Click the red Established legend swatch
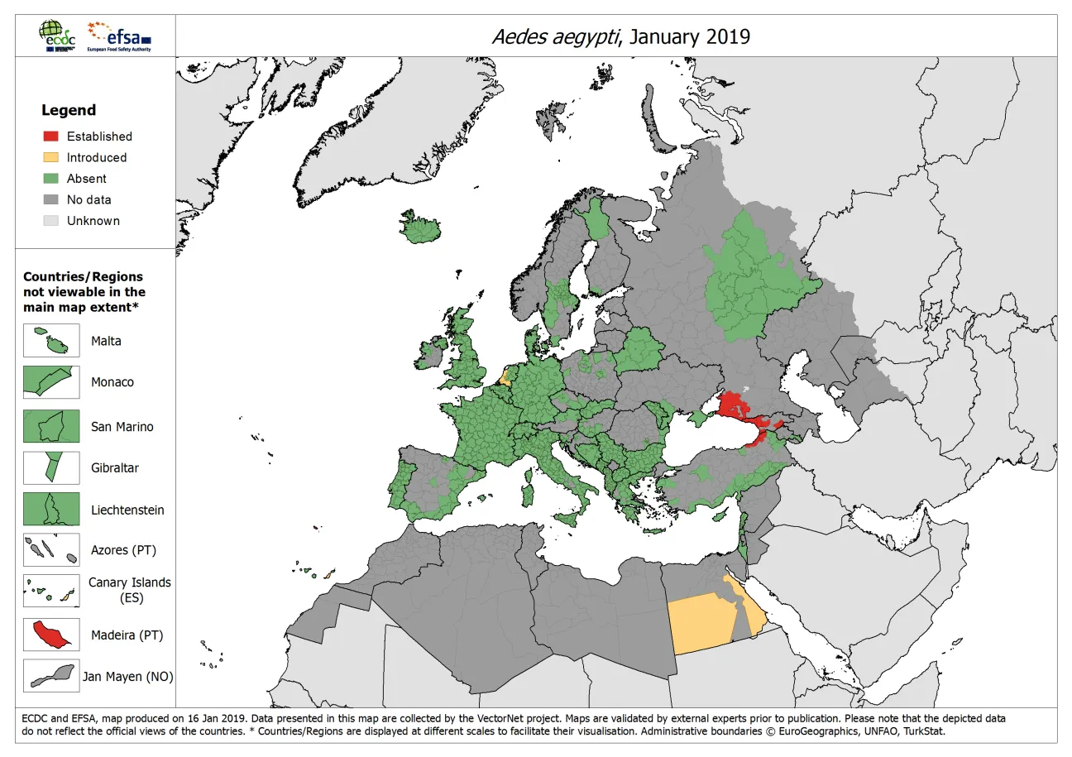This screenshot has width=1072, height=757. coord(51,137)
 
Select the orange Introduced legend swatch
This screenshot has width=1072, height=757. coord(51,157)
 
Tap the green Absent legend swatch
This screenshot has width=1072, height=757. coord(51,179)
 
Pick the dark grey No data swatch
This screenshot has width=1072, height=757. coord(51,199)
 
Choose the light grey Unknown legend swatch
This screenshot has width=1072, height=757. coord(51,221)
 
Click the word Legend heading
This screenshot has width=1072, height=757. coord(69,110)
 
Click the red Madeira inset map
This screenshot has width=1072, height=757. coord(51,635)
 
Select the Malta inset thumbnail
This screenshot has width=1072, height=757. coord(51,341)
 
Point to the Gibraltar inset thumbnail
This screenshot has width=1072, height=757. coord(51,467)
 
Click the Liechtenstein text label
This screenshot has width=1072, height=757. coord(127,510)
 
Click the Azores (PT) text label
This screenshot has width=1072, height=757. coord(123,550)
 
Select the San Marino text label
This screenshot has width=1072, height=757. coord(122,427)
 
